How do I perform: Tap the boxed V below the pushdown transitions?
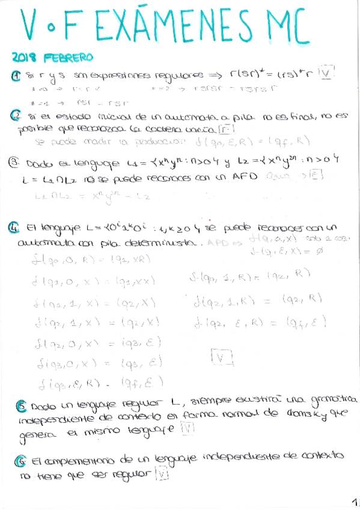[223, 358]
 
